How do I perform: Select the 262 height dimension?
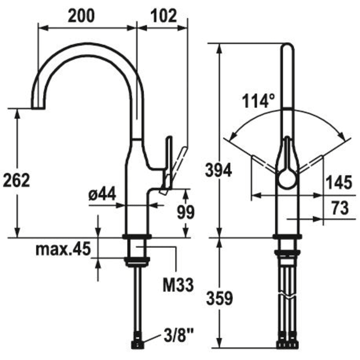pyautogui.click(x=17, y=181)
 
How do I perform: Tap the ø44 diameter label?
pyautogui.click(x=102, y=194)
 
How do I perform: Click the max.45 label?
pyautogui.click(x=63, y=249)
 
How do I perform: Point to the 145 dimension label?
pyautogui.click(x=338, y=182)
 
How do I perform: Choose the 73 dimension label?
pyautogui.click(x=338, y=208)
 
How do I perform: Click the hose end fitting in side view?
pyautogui.click(x=138, y=341)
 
